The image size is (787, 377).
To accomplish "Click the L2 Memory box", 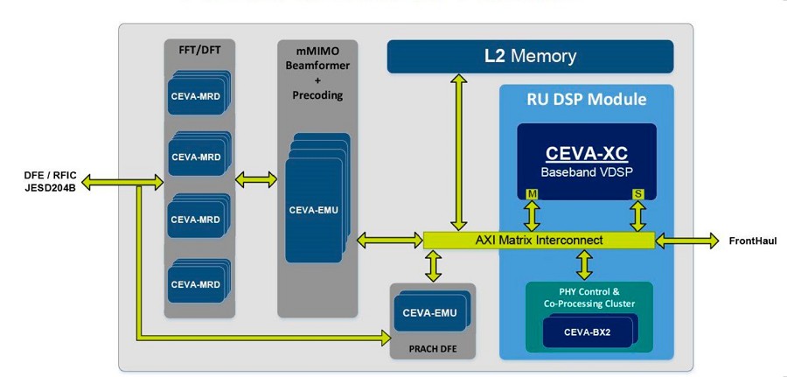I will tap(530, 57).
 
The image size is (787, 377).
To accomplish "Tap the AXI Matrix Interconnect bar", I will tap(538, 240).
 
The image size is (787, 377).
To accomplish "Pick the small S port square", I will tap(638, 193).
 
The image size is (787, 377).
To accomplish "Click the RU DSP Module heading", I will tap(586, 100).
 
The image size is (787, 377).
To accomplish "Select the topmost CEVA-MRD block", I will tap(196, 96).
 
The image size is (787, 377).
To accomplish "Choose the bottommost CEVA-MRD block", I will tap(196, 284).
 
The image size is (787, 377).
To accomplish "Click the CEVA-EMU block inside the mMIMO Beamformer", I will tap(313, 209).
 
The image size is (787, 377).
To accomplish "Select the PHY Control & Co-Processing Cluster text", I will tap(588, 297).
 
